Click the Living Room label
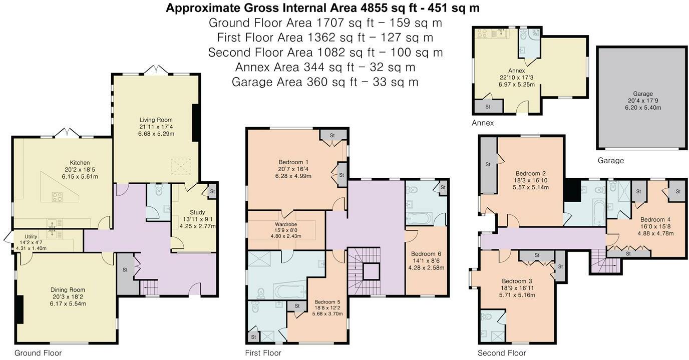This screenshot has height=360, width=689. tap(155, 120)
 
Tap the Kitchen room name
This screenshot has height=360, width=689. tap(80, 163)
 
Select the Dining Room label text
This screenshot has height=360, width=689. tap(68, 290)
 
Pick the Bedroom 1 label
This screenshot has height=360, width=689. tap(293, 162)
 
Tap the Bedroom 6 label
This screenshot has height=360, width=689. tap(426, 254)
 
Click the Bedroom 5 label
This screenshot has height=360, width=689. tap(327, 302)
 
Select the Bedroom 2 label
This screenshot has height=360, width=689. tap(532, 173)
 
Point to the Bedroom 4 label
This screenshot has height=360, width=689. tap(655, 219)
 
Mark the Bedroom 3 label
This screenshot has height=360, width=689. tap(518, 281)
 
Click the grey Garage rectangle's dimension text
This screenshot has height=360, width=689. tap(642, 101)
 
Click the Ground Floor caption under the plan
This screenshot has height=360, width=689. tap(38, 353)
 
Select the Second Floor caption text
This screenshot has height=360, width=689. tap(502, 353)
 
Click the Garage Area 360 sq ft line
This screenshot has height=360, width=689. tap(325, 82)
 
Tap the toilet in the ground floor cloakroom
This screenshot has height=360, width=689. tap(159, 191)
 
